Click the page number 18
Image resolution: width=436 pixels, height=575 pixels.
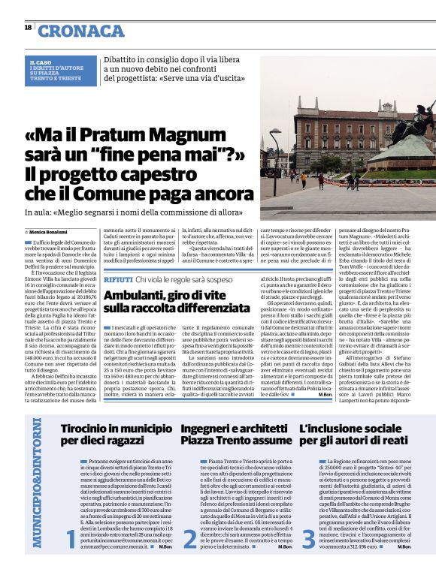(x=28, y=29)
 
